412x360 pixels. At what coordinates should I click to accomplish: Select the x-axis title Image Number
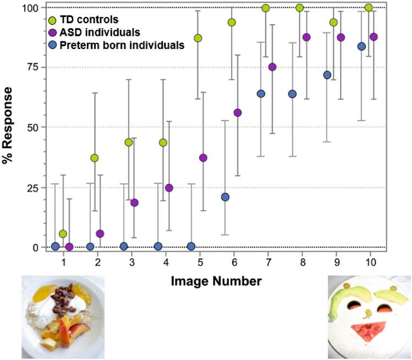point(216,281)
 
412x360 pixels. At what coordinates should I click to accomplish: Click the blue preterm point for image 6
point(225,197)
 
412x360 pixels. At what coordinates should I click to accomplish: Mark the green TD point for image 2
point(95,158)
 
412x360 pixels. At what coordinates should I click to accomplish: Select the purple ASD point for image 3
point(135,203)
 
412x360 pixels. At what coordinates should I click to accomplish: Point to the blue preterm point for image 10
point(361,46)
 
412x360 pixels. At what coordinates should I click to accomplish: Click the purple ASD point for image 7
point(272,67)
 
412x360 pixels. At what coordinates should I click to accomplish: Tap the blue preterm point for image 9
point(327,75)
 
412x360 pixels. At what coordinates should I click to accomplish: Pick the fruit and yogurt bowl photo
point(62,317)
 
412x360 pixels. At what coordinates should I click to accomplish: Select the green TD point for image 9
point(333,22)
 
